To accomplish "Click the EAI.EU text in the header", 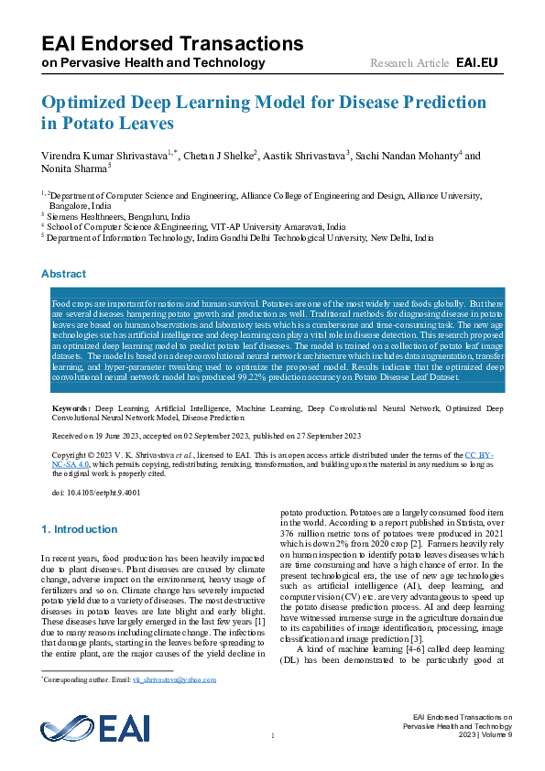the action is click(476, 62).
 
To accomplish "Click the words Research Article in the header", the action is click(409, 62).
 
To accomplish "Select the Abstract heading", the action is click(63, 274).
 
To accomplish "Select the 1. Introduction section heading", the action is click(80, 529).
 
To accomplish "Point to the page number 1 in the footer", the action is click(272, 735).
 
